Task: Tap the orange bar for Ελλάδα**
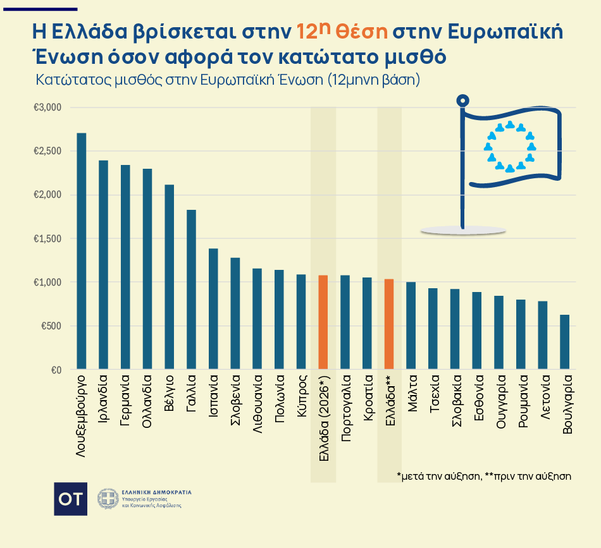tap(388, 324)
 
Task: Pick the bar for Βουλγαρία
tap(564, 342)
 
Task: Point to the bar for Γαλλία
tap(191, 289)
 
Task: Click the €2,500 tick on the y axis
tap(47, 151)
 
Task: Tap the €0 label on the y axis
tap(56, 370)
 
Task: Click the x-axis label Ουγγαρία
tap(500, 405)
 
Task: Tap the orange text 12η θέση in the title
tap(342, 31)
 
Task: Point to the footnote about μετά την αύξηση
tap(483, 476)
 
